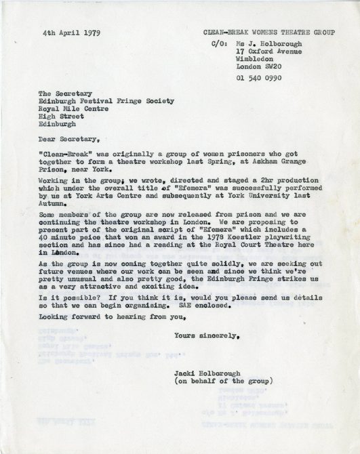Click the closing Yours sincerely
click(207, 354)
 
